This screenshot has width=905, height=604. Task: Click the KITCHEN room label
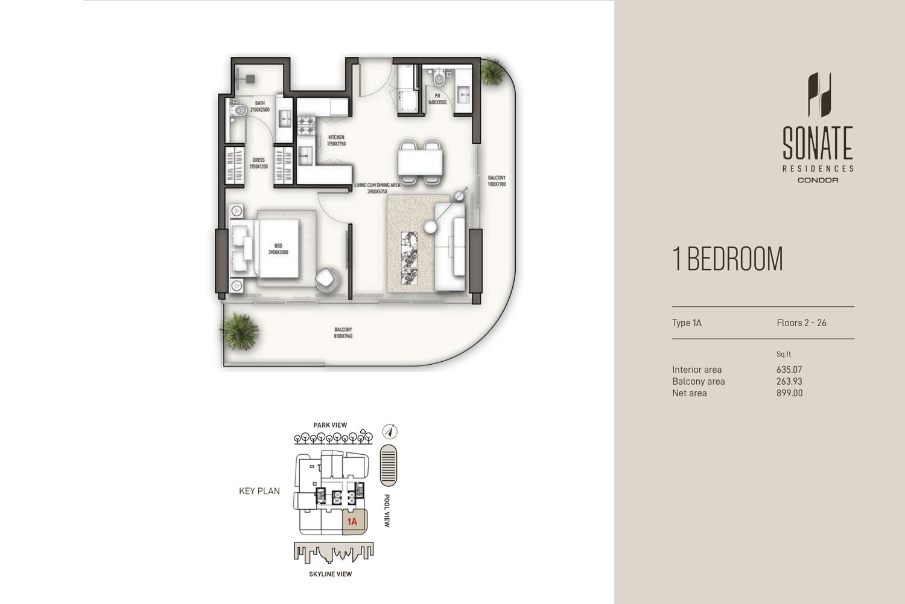point(336,141)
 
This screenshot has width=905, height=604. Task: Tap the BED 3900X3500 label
point(278,249)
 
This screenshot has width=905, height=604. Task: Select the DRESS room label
point(258,163)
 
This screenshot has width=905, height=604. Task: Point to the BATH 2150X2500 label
point(259,106)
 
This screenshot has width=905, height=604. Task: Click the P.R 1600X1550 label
point(437,99)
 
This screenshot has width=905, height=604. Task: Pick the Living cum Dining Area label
point(377,188)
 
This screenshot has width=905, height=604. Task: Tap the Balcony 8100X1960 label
point(343,333)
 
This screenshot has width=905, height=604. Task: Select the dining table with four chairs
point(420,162)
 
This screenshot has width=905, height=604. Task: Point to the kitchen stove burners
point(306,126)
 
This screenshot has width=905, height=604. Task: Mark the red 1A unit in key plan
point(352,521)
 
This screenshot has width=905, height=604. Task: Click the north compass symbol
point(390,432)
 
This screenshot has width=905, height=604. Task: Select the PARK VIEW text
point(330,425)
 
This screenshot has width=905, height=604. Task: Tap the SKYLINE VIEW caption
point(330,574)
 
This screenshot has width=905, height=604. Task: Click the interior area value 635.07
point(789,370)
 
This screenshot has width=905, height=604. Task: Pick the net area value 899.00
point(789,393)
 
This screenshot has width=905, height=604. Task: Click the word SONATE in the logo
point(818,144)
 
